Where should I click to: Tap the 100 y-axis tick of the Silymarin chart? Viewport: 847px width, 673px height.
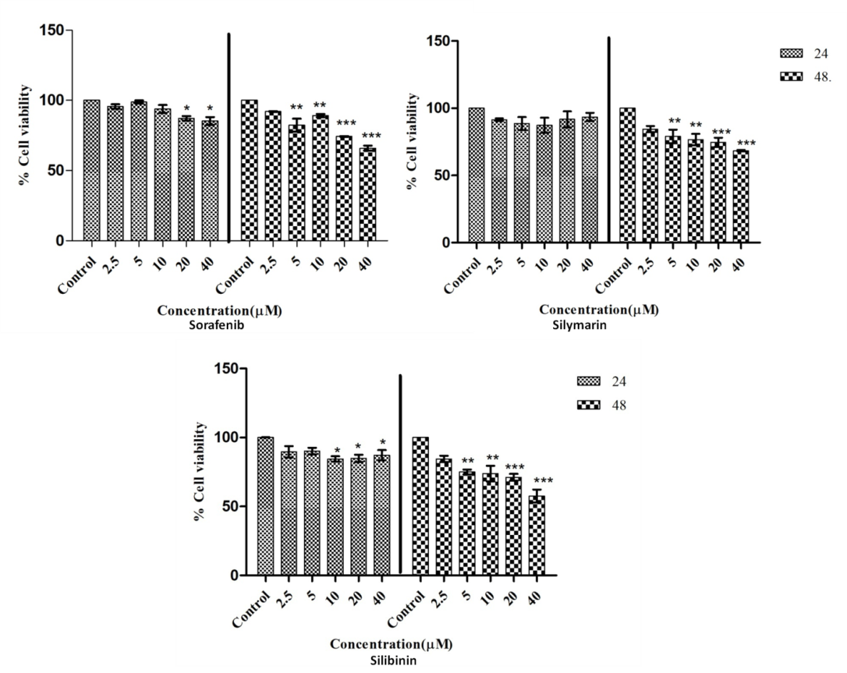click(440, 108)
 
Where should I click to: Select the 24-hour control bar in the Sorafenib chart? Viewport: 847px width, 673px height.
click(92, 170)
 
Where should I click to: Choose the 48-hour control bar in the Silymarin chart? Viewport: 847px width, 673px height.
click(627, 175)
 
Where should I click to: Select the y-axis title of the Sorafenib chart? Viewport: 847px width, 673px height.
click(26, 135)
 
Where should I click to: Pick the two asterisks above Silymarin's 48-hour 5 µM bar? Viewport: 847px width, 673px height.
click(674, 121)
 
